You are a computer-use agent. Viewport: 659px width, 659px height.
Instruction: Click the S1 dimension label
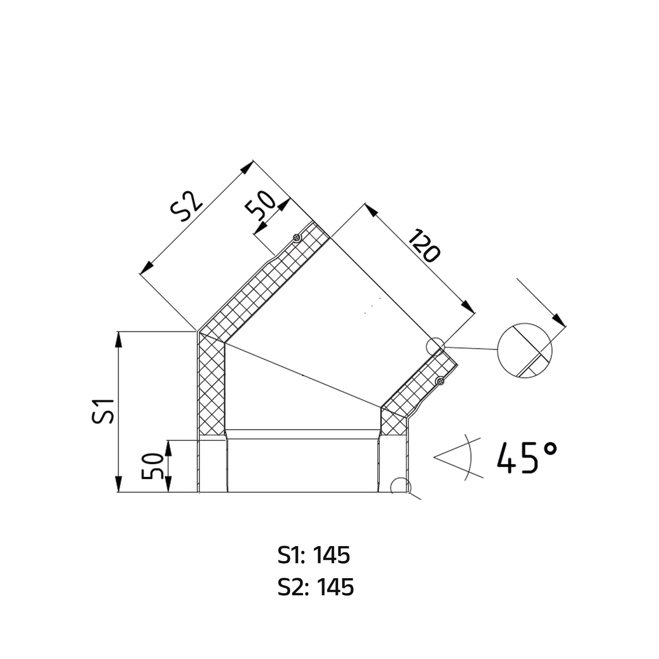(104, 411)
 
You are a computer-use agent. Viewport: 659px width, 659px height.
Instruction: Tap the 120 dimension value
(424, 246)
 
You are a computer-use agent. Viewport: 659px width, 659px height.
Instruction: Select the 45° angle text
(527, 457)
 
